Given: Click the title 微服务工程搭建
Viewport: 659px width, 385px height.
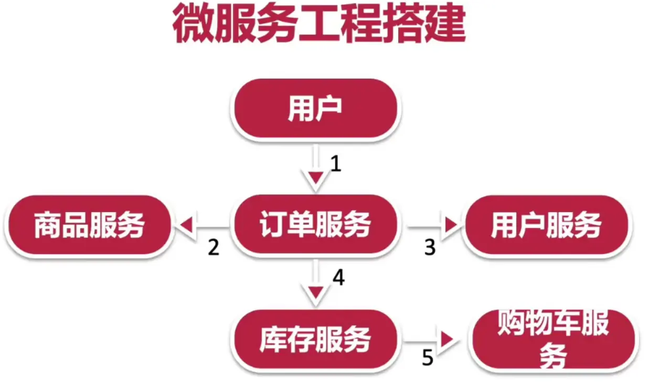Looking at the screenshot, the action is pyautogui.click(x=319, y=25).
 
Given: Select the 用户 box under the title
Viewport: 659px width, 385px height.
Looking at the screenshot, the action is pyautogui.click(x=315, y=109).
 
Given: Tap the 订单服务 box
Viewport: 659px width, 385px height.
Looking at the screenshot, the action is pyautogui.click(x=315, y=226).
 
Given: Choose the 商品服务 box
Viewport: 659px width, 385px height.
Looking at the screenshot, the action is pyautogui.click(x=89, y=226).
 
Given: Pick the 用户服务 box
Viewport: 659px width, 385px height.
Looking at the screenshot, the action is pyautogui.click(x=546, y=226).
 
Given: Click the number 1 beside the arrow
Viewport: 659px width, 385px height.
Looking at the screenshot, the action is pyautogui.click(x=336, y=164).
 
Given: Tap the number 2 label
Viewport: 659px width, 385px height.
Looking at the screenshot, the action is pyautogui.click(x=213, y=247).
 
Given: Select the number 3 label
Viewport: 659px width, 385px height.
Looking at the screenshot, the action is pyautogui.click(x=430, y=247).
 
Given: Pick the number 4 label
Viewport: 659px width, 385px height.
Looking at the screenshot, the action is pyautogui.click(x=338, y=278).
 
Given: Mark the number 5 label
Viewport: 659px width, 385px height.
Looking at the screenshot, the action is pyautogui.click(x=428, y=359).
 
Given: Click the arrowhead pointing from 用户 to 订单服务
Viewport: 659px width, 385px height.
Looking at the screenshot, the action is pyautogui.click(x=315, y=180).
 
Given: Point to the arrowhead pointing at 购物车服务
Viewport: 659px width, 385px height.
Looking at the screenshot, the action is pyautogui.click(x=447, y=339).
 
